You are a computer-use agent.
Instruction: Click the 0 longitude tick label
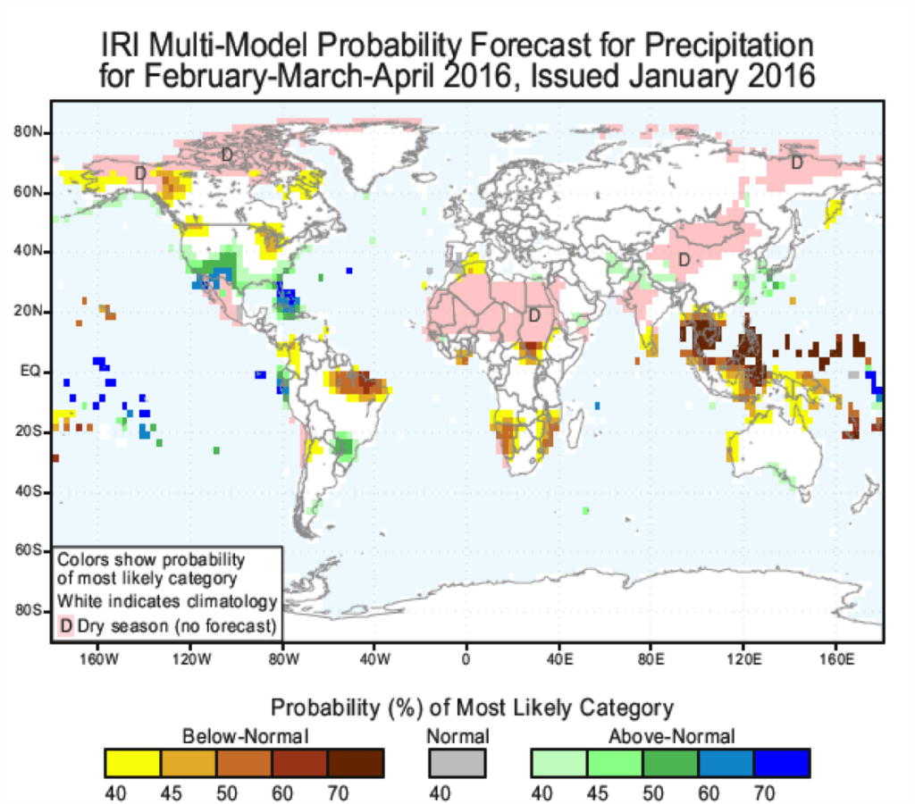[x=466, y=661]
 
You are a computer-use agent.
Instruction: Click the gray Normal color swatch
[x=457, y=764]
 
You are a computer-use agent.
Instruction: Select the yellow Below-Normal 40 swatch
[x=132, y=764]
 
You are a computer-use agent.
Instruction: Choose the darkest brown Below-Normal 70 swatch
[x=357, y=764]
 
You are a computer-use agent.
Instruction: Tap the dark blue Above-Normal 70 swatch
[x=782, y=764]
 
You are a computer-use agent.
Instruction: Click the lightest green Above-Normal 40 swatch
[x=558, y=764]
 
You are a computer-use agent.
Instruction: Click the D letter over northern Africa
[x=534, y=315]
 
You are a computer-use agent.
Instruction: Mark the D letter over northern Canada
[x=227, y=155]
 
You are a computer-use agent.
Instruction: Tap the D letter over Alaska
[x=140, y=172]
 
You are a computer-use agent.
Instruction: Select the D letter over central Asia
[x=684, y=260]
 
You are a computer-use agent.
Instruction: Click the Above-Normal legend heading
[x=671, y=737]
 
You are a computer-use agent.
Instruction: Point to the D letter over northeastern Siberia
[x=796, y=163]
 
